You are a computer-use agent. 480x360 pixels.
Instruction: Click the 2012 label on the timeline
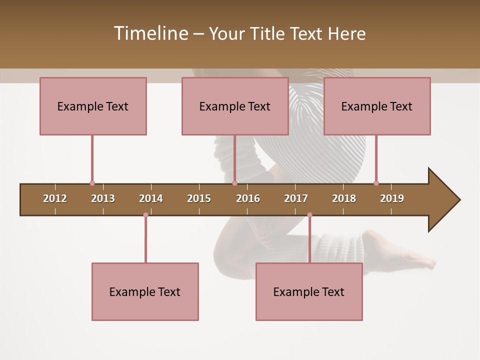click(x=55, y=198)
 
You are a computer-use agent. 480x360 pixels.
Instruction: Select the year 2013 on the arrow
click(x=103, y=198)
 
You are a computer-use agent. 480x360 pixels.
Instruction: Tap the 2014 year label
click(x=151, y=198)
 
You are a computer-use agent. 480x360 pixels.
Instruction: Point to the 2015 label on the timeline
click(x=199, y=198)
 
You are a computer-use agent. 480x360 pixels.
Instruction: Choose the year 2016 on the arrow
click(x=248, y=198)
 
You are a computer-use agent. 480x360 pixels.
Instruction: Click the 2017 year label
click(x=296, y=198)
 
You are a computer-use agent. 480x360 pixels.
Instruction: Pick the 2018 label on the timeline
click(x=344, y=198)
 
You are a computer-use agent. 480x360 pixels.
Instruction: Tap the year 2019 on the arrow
click(x=392, y=198)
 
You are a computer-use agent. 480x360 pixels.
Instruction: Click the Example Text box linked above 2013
click(x=93, y=106)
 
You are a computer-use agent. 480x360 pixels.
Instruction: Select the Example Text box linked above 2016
click(x=235, y=106)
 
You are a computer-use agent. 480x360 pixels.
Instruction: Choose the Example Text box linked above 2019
click(x=377, y=106)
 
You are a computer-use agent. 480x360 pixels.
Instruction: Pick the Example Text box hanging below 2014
click(x=145, y=291)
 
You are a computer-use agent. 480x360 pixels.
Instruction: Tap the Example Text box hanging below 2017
click(x=309, y=291)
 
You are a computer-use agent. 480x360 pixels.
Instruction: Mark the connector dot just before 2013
click(x=92, y=183)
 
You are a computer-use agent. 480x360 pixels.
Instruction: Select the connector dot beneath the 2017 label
click(x=309, y=215)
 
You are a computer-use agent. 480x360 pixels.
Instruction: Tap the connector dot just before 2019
click(x=376, y=183)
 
